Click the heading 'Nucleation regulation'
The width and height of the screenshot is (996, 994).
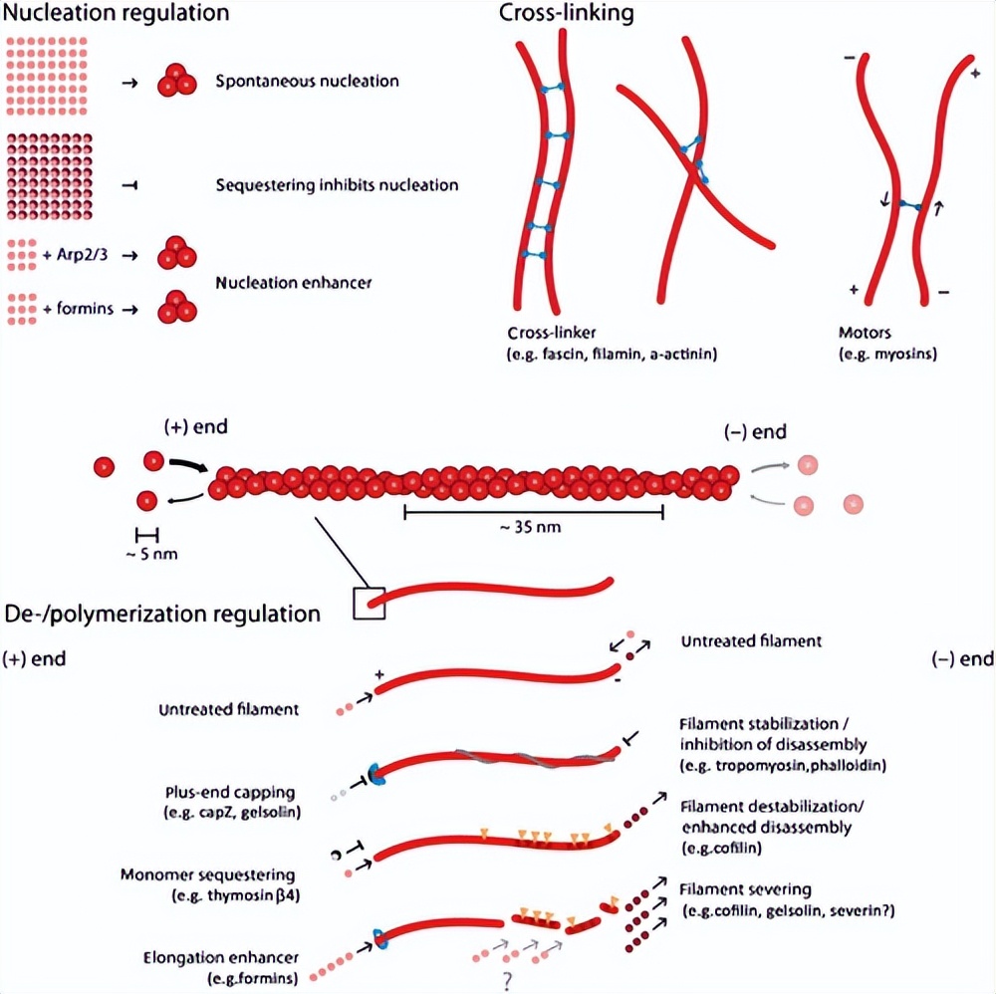coord(117,14)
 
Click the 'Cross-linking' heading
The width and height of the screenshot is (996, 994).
coord(566,14)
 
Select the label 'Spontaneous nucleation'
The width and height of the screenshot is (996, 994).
coord(307,81)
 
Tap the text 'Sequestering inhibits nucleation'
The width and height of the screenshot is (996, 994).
coord(337,185)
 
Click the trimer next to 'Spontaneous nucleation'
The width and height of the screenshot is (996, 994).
coord(175,81)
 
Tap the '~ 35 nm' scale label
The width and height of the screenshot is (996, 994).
coord(532,528)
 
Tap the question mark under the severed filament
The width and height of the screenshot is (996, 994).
coord(508,981)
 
